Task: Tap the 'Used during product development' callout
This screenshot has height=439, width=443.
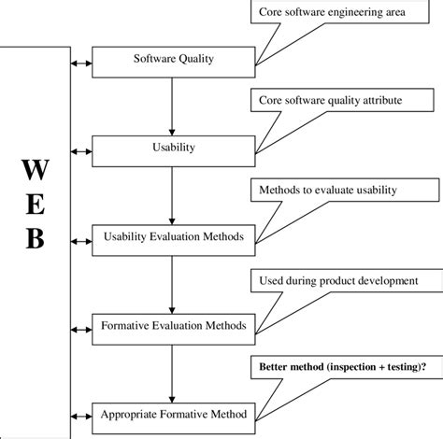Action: pos(345,280)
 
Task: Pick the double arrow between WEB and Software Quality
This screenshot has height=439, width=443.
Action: pos(79,64)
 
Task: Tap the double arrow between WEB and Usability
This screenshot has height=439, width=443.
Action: pos(79,148)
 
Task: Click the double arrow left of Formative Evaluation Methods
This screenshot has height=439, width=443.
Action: pos(79,328)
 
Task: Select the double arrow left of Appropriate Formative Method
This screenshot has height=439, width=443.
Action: pos(79,413)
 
